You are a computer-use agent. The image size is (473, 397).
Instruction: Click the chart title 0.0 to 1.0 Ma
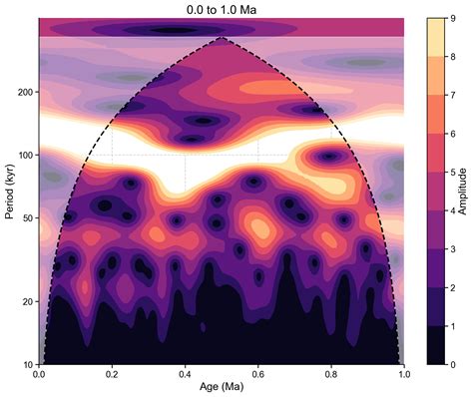(222, 8)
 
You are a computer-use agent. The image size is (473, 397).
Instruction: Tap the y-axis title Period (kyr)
(9, 192)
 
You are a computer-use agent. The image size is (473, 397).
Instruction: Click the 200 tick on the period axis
(24, 92)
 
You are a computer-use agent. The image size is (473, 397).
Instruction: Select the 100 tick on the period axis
(24, 155)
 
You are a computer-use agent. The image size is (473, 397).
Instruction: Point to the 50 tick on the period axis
(27, 217)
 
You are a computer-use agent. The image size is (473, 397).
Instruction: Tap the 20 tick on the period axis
(27, 301)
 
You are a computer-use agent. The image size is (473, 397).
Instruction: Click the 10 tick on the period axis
(27, 364)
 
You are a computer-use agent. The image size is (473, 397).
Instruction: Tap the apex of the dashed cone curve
(222, 38)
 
